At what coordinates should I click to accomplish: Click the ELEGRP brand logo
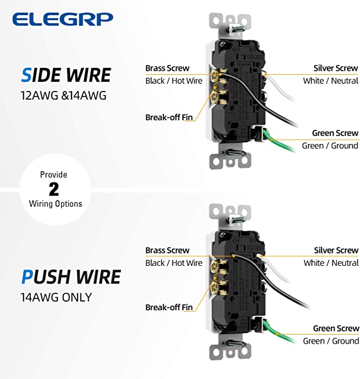pos(63,19)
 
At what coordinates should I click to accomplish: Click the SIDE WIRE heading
pos(66,75)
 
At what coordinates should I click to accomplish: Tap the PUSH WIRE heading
pos(71,277)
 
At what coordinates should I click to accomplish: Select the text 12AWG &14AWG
pos(63,95)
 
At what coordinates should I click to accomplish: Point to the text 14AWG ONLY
pos(56,297)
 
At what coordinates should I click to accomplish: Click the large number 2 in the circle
pos(54,190)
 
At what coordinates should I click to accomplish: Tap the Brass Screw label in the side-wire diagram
pos(167,68)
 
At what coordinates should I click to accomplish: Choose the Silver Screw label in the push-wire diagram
pos(336,250)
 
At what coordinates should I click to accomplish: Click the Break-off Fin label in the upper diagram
pos(169,117)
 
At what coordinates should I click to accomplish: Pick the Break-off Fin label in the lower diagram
pos(169,307)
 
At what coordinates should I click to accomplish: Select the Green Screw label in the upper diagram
pos(335,133)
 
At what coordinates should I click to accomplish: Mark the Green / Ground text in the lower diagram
pos(331,341)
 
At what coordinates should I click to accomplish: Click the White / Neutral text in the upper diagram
pos(331,81)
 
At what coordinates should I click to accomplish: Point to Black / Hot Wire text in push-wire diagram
pos(174,263)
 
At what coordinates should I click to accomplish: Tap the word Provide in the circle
pos(54,174)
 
